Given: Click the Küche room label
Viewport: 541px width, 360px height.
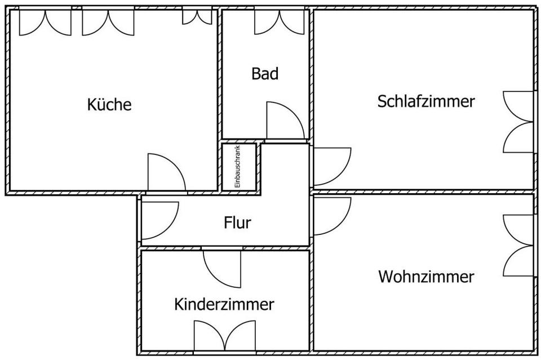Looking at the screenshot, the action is (x=109, y=105).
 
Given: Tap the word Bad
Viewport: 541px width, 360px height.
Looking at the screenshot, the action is (x=265, y=74).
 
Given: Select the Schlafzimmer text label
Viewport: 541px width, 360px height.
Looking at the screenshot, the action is (x=426, y=101).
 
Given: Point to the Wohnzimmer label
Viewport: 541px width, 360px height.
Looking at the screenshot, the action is (x=425, y=277).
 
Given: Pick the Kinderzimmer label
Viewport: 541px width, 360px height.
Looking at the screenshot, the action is (x=224, y=305).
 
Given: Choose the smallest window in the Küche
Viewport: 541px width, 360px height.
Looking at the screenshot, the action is (x=197, y=17).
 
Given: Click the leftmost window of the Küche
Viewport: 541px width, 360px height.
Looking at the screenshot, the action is (x=45, y=21).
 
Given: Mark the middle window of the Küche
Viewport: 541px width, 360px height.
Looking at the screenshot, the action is (x=108, y=21).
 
